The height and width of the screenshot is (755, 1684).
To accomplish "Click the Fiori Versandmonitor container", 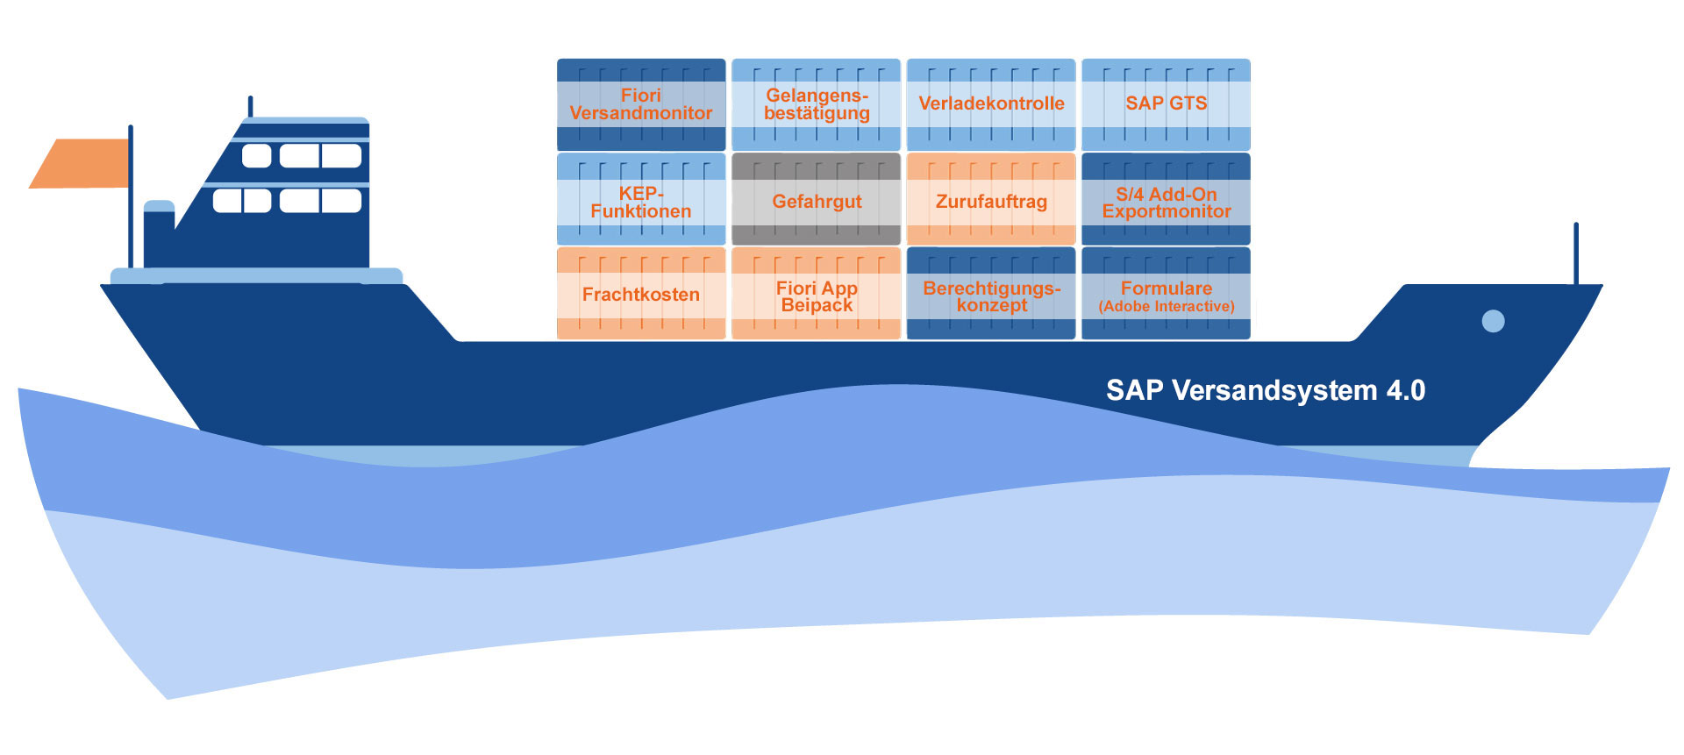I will coord(641,104).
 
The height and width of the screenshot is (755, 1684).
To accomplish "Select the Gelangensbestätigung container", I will coord(816,104).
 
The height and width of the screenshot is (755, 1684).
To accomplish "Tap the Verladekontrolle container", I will coord(991,104).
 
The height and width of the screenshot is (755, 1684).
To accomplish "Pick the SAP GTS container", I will coord(1166,104).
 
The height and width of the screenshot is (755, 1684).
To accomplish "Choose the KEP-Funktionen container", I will coord(641,199).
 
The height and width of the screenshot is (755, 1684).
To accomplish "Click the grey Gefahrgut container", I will coord(816,199).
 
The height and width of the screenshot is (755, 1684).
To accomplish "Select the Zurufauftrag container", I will coord(991,199).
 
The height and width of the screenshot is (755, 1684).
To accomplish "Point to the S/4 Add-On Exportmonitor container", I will coord(1166,199).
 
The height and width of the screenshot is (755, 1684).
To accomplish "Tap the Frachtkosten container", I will coord(641,294).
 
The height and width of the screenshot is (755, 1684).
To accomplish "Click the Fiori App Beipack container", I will coord(816,294).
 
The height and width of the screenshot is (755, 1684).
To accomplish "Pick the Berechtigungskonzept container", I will coord(991,294).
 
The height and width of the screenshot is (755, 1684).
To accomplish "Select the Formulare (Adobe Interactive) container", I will coord(1166,294).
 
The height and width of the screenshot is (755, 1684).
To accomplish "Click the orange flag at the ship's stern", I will coord(81,163).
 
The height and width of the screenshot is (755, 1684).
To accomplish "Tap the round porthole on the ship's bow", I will coord(1493,321).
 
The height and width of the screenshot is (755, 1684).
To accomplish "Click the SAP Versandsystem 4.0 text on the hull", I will coord(1265,390).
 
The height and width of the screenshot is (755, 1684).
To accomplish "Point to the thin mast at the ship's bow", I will coord(1575,254).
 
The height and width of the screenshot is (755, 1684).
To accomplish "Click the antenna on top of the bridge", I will coord(251,106).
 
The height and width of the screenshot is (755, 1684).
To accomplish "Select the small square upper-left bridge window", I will coord(256,156).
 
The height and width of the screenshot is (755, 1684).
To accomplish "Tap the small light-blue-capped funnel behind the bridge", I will coord(159,232).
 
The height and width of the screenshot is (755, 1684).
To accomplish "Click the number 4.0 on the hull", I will coord(1405,390).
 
